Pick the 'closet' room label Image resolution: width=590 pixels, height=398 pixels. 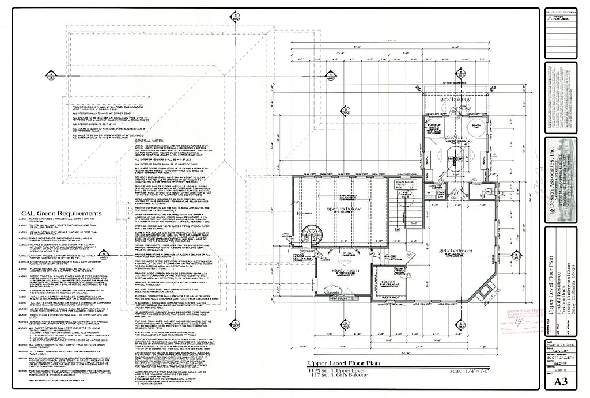point(391,282)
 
